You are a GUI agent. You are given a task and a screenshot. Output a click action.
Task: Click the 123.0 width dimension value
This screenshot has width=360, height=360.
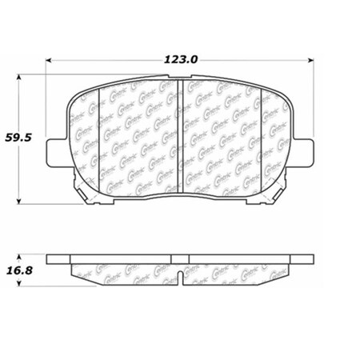(181, 58)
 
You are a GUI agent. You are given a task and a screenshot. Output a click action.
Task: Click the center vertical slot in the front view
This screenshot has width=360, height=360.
(181, 128)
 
